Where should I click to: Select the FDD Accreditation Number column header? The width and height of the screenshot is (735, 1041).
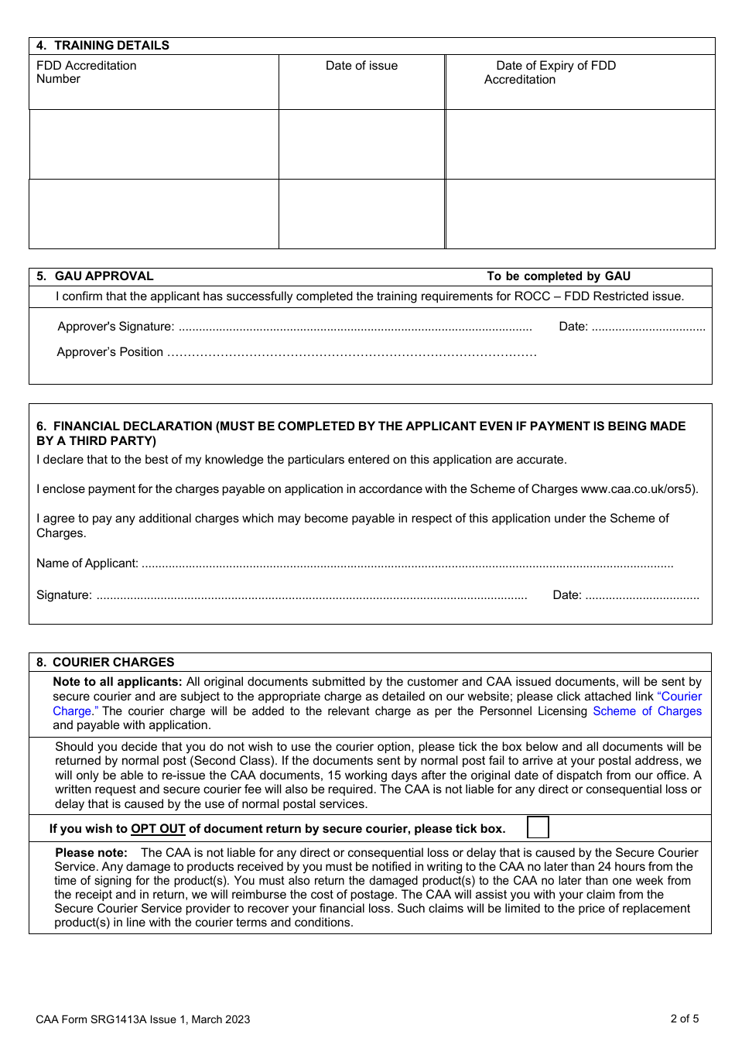pos(86,72)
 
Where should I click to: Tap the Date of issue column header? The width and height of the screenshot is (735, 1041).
pos(361,66)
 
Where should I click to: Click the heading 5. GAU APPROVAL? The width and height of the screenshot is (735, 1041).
pos(95,276)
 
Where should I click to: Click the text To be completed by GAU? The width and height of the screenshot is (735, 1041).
pos(559,276)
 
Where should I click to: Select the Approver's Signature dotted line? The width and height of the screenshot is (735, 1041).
pos(354,327)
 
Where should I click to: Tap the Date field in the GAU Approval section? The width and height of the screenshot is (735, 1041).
pos(648,327)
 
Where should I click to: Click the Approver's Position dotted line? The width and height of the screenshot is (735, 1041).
pos(351,353)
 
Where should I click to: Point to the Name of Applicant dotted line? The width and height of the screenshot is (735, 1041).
pos(407,564)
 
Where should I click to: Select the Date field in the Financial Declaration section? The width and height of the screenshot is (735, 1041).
pos(641,596)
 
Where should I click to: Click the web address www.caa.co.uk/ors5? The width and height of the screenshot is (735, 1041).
pos(638,489)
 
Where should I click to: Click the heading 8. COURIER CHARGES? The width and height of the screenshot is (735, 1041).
pos(105,663)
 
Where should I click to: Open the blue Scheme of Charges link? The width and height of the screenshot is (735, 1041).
pos(647,711)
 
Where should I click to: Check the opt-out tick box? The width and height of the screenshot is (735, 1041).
pos(538,827)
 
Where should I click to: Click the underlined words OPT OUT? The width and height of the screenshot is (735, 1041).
pos(158,829)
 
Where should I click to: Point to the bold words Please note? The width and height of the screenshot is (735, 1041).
pos(91,853)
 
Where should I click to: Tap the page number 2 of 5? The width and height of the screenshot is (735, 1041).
pos(684,1019)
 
